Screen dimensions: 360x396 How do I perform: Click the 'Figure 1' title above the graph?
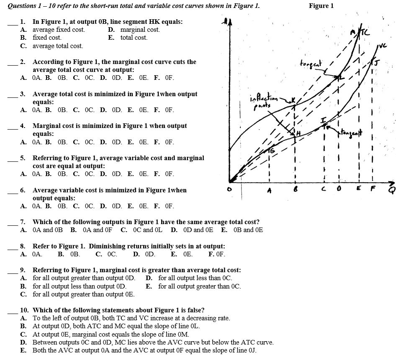tap(321, 5)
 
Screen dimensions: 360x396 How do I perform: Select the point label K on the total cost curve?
tap(293, 100)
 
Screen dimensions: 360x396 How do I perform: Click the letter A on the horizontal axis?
tap(270, 192)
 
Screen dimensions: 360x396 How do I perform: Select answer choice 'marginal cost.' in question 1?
tap(140, 30)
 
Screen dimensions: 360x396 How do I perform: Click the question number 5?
tap(23, 158)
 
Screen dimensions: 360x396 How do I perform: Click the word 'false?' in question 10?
tap(194, 310)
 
